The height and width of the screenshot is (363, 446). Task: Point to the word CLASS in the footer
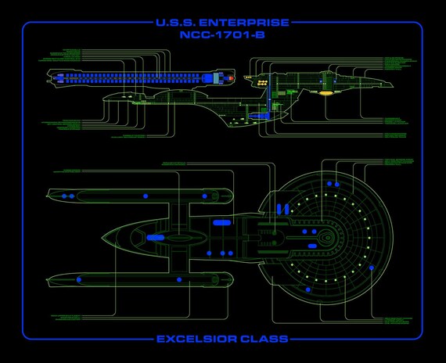266,339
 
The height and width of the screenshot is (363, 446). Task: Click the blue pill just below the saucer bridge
312,246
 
